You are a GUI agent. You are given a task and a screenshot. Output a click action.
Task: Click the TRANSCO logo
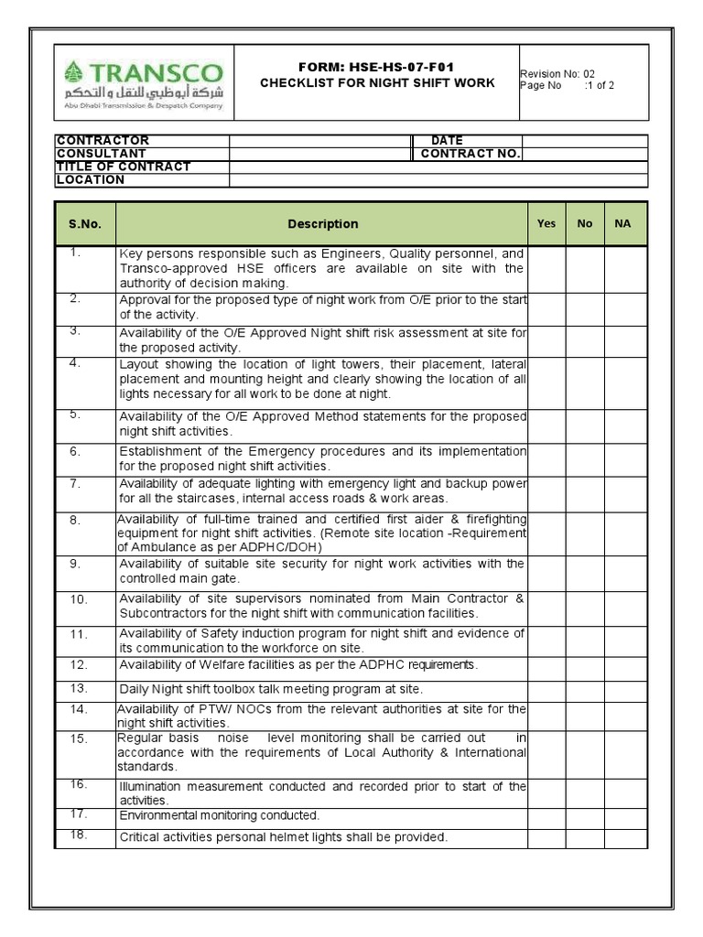pos(144,82)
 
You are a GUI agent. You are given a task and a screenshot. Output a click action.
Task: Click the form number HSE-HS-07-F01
pos(376,68)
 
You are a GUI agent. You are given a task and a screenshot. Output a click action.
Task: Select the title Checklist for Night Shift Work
pos(377,83)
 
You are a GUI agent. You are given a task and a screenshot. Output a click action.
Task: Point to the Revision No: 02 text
pos(557,74)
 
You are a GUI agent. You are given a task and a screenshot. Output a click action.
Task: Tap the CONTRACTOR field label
pos(103,140)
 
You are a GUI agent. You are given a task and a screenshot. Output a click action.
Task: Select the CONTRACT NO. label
pos(470,154)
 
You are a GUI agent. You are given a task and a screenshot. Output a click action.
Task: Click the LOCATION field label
pos(91,180)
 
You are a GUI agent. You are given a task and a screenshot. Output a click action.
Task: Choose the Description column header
pos(322,223)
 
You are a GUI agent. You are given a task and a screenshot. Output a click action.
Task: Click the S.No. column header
pos(85,223)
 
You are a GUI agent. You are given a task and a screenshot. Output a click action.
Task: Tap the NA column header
pos(622,223)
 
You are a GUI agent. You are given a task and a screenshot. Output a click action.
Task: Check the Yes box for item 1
pos(546,268)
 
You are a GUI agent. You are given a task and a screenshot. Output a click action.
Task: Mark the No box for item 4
pos(585,379)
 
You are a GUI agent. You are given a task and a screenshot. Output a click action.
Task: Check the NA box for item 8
pos(625,533)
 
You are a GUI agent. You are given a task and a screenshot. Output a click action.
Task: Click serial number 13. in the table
pos(78,688)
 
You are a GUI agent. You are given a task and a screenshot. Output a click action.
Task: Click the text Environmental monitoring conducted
pos(220,815)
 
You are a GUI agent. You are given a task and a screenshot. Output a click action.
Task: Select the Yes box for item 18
pos(546,837)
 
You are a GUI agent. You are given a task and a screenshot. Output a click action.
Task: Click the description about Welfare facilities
pos(298,665)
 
